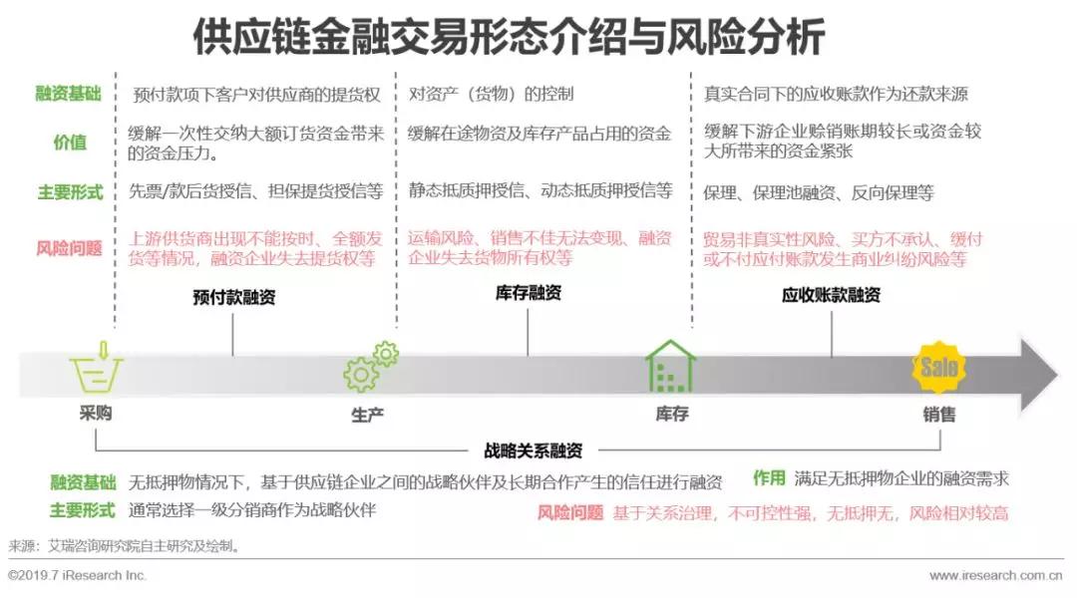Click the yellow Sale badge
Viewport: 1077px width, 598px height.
(938, 368)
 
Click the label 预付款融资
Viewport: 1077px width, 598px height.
(233, 297)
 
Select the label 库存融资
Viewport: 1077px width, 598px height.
(528, 293)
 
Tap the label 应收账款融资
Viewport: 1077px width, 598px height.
(831, 295)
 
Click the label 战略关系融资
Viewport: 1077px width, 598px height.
(533, 450)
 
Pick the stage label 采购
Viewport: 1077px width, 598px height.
(96, 414)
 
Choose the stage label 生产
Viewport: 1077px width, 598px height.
(367, 416)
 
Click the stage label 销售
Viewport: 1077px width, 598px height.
(939, 415)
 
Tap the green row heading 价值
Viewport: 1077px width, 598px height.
(70, 143)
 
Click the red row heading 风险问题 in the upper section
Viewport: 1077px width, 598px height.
(69, 248)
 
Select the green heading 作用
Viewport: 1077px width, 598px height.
(769, 477)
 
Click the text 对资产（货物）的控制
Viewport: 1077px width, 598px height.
(491, 94)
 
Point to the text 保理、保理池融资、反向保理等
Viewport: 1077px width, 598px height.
(818, 193)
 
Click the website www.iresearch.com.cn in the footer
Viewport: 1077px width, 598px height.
(996, 575)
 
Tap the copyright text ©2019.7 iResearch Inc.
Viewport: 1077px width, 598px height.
(78, 575)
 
